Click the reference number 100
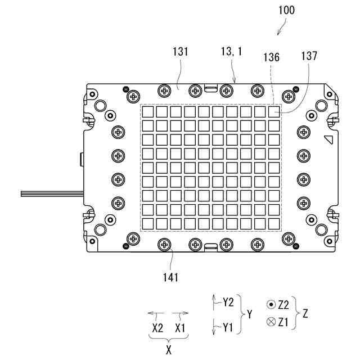286,10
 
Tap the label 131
180,52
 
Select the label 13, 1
232,52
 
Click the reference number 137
309,56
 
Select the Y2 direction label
228,303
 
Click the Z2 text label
283,304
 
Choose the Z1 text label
283,322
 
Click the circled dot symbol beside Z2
271,305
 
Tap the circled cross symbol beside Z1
271,322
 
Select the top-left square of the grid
147,112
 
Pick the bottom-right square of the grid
273,223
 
